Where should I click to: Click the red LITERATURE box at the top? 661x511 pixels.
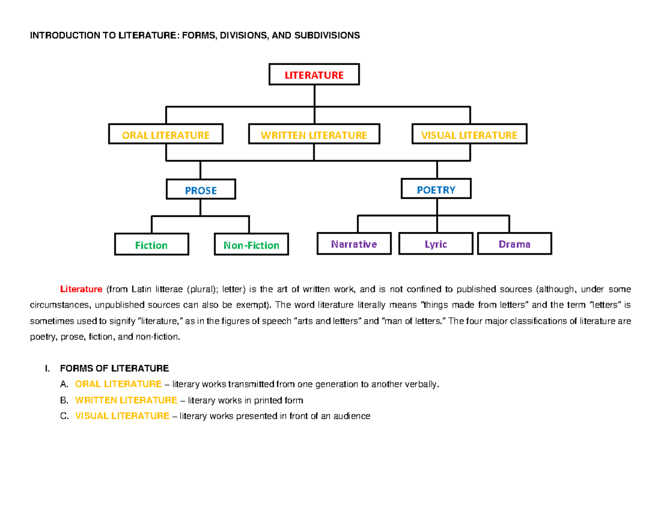pos(314,75)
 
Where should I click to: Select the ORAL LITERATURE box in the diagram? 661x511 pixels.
pos(165,135)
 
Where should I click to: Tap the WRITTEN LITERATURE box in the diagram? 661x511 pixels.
pos(314,135)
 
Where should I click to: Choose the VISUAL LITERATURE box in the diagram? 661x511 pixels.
pos(469,135)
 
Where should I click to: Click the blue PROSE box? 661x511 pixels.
pos(201,190)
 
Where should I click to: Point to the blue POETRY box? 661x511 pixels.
pos(436,190)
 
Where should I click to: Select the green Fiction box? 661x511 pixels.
pos(151,245)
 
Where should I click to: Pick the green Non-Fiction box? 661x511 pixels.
pos(251,245)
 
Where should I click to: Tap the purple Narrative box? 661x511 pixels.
pos(354,244)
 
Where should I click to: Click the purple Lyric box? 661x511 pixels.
pos(436,244)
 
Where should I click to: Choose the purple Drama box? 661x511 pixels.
pos(514,244)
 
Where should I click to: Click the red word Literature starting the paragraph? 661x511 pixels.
pos(81,289)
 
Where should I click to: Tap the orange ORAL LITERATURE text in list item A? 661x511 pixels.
pos(118,384)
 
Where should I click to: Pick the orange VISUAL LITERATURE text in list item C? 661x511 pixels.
pos(122,416)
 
